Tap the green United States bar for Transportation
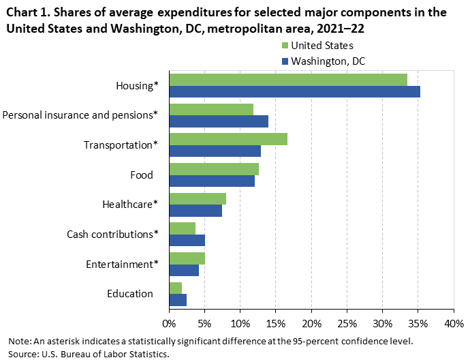[228, 139]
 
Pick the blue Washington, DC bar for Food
[212, 181]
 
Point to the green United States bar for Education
[176, 288]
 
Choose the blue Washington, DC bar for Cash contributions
[187, 241]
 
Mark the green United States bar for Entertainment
[187, 258]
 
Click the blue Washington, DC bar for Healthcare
[195, 211]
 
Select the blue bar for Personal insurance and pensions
[219, 121]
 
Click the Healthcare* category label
[129, 204]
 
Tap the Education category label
[129, 294]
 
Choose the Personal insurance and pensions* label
[80, 115]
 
